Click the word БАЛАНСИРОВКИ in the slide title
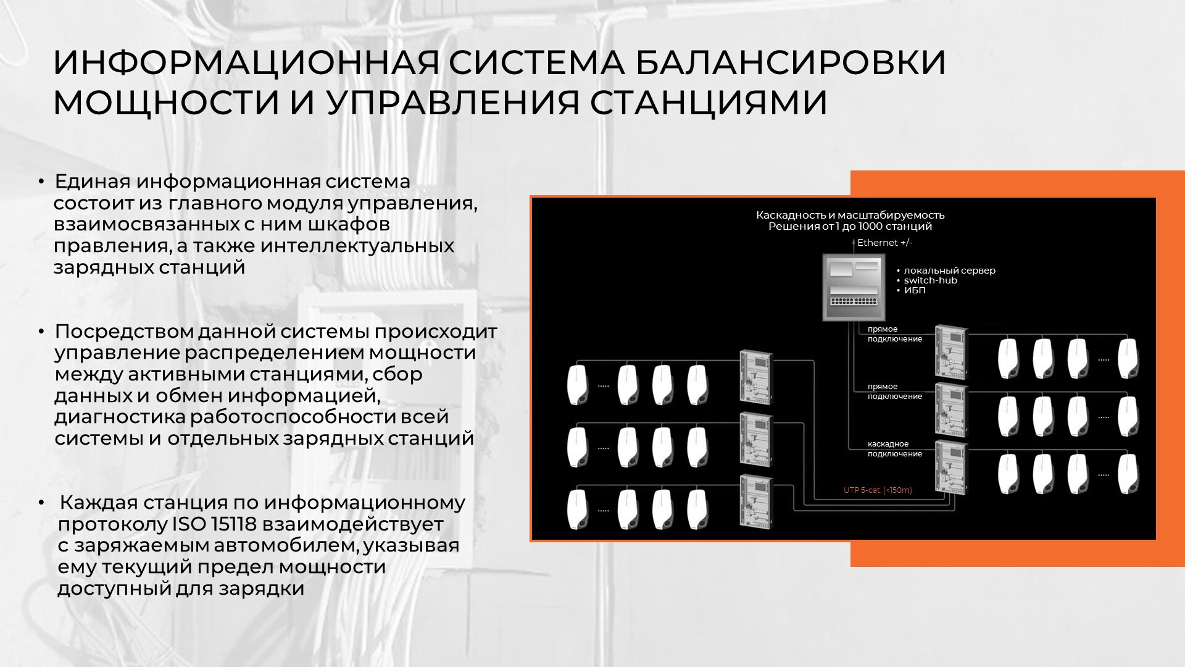[791, 62]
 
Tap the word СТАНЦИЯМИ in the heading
[709, 103]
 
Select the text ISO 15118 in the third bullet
[214, 524]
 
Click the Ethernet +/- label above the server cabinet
[884, 243]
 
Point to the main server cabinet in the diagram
[854, 287]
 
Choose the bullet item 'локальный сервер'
[949, 271]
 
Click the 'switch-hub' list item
[930, 280]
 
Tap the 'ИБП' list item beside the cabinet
[915, 290]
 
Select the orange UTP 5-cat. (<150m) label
[878, 490]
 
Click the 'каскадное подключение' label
[895, 449]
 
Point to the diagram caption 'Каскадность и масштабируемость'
[850, 215]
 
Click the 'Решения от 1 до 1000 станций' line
[850, 227]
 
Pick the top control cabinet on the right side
[951, 352]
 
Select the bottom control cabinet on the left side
[756, 500]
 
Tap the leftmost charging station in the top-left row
[578, 385]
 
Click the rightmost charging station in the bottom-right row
[1128, 474]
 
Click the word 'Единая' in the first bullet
[93, 182]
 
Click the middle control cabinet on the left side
[756, 438]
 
